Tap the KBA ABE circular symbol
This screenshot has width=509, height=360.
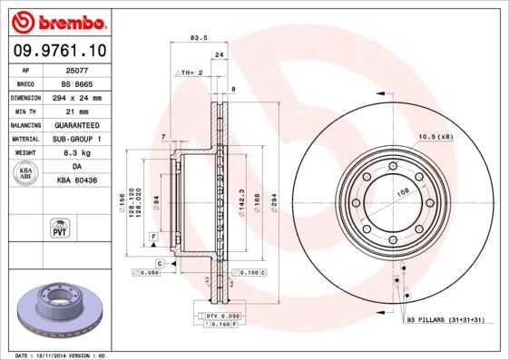click(x=26, y=174)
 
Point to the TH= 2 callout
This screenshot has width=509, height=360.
click(x=187, y=71)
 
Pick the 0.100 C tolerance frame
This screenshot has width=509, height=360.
click(x=250, y=271)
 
